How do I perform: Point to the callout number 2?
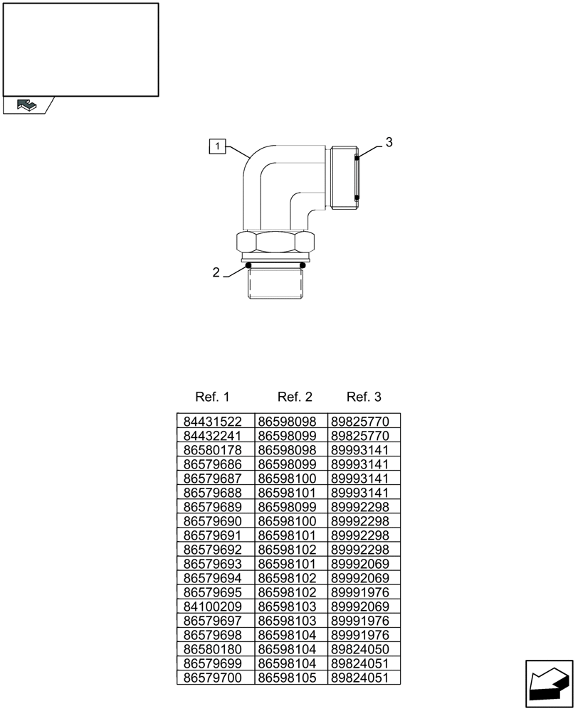(x=216, y=272)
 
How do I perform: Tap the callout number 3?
(x=388, y=142)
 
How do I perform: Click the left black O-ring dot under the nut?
(x=249, y=266)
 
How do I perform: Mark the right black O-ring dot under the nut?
(x=303, y=266)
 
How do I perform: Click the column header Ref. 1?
(x=212, y=397)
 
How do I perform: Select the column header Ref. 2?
(x=295, y=397)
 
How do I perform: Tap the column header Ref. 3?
(x=364, y=397)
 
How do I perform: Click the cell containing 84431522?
(x=213, y=422)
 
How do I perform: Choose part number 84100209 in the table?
(x=213, y=606)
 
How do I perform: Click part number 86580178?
(x=213, y=450)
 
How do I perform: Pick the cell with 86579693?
(x=213, y=564)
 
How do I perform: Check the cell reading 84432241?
(x=213, y=436)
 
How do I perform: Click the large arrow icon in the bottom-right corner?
(x=548, y=684)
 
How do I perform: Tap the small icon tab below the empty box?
(x=27, y=105)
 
